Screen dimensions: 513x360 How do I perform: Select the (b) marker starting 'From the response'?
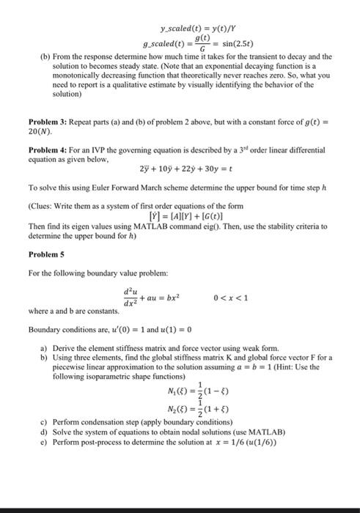(33, 56)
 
